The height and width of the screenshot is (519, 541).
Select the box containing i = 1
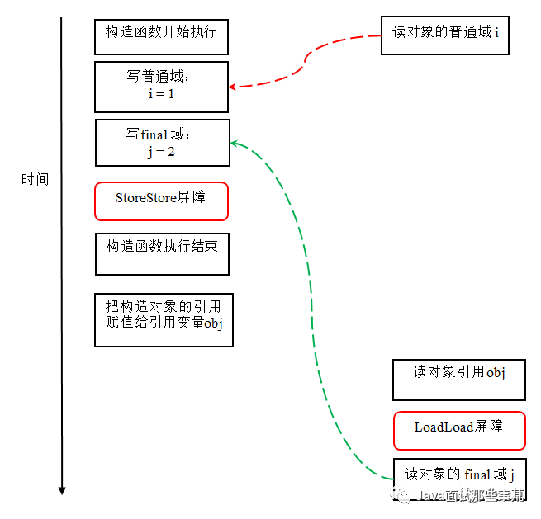coord(161,87)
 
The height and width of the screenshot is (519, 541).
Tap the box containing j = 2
coord(163,143)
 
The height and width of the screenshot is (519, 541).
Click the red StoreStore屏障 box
coord(161,201)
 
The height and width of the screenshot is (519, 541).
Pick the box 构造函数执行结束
coord(162,253)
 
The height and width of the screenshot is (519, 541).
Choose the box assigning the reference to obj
coord(164,319)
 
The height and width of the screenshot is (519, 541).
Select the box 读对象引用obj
coord(458,380)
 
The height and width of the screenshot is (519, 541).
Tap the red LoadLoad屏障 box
coord(459,431)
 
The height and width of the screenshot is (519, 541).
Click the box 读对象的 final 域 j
coord(458,477)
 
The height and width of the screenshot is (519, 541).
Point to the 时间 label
coord(36,179)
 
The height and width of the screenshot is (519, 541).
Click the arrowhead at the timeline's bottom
coord(62,490)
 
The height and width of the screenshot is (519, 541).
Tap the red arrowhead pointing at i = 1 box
coord(234,86)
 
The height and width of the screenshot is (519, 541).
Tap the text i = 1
coord(160,94)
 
